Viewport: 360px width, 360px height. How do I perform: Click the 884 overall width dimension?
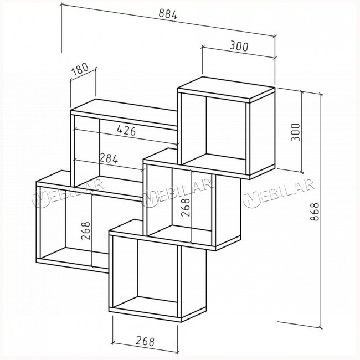coord(168,14)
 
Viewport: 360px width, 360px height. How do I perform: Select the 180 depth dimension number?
coord(80,69)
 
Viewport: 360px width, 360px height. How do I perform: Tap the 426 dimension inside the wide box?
coord(126,130)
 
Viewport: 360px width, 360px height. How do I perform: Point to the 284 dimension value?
coord(109,158)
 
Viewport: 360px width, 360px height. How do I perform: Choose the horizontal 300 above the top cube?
coord(239,46)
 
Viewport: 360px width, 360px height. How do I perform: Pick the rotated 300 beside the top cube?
coord(295,132)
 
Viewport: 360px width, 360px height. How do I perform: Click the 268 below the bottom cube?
coord(145,341)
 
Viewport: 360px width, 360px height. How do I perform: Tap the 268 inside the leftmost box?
coord(85,231)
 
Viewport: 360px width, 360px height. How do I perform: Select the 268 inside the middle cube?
coord(186,207)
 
